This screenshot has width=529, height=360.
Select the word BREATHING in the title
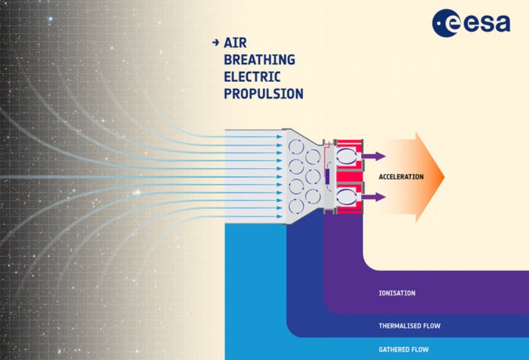259,60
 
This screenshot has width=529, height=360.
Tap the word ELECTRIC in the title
252,77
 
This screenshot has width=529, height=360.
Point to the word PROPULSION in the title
264,94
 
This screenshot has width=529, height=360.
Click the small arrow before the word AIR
216,43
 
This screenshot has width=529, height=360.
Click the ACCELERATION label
401,177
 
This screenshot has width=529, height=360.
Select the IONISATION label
397,293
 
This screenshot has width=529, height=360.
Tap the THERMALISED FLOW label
409,326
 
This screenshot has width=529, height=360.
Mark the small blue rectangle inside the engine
326,177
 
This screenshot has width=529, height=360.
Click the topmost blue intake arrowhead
280,135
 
